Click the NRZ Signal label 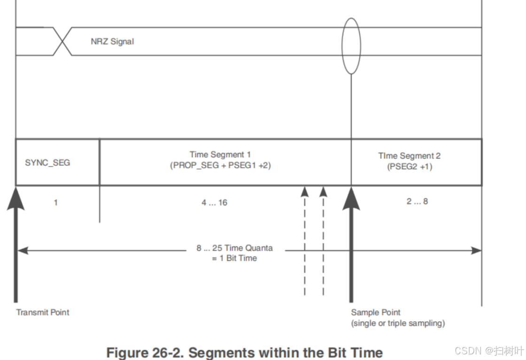[x=112, y=42]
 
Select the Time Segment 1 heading [x=220, y=154]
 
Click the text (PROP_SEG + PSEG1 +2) [x=220, y=166]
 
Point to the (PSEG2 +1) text [x=410, y=167]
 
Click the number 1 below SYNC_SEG [x=56, y=203]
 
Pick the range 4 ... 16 [x=214, y=203]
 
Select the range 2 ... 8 [x=417, y=202]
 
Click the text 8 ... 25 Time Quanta [x=234, y=248]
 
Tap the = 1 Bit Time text [x=234, y=258]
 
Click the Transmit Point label [x=43, y=312]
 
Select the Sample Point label [x=376, y=312]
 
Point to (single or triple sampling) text [x=398, y=323]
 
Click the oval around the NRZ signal [x=351, y=46]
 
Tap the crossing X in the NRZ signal [x=63, y=41]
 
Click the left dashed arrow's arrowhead [x=305, y=191]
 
